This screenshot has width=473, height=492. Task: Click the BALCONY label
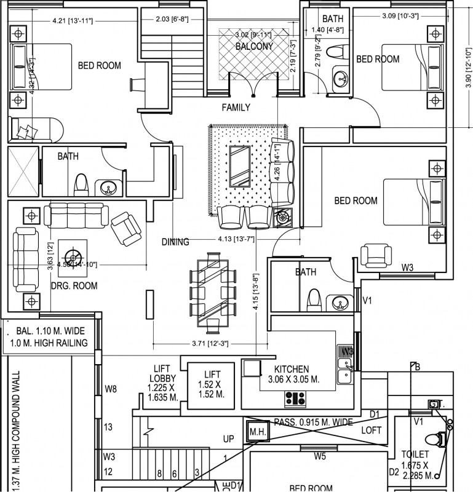click(x=255, y=46)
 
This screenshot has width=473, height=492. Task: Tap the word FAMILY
click(x=236, y=108)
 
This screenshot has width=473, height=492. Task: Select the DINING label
click(x=175, y=242)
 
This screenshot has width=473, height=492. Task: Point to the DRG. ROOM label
click(x=73, y=285)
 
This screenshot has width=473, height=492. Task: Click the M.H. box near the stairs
click(x=257, y=432)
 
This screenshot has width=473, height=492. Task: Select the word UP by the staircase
click(x=228, y=439)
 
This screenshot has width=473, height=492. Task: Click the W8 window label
click(x=111, y=389)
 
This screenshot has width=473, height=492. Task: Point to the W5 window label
click(x=320, y=456)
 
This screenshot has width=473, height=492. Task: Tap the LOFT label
click(x=371, y=430)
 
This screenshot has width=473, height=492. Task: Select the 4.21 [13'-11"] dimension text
click(x=73, y=21)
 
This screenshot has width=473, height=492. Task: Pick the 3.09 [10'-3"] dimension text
click(x=400, y=15)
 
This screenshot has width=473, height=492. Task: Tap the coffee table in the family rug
click(x=239, y=165)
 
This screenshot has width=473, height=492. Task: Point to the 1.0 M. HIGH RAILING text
click(x=49, y=343)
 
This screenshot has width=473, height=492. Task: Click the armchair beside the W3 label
click(x=374, y=255)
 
